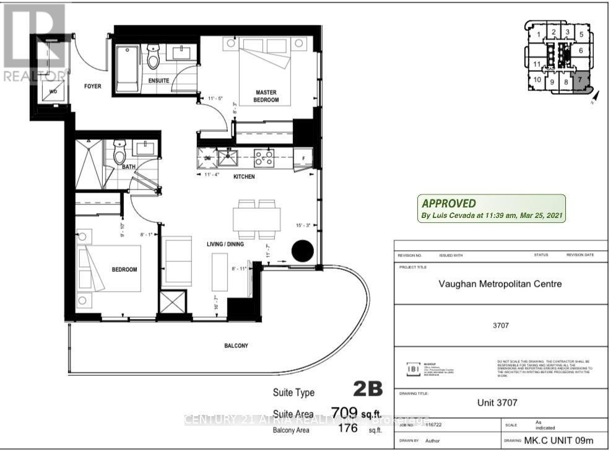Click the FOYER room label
click(x=92, y=86)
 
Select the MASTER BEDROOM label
click(x=267, y=96)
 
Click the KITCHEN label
click(x=243, y=176)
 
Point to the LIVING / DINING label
click(x=225, y=244)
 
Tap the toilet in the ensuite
click(x=153, y=57)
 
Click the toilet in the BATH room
click(x=120, y=153)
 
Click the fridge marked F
click(x=304, y=159)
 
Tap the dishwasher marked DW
click(x=207, y=159)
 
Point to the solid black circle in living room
click(x=303, y=250)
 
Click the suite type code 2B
click(x=368, y=390)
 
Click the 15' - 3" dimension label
click(x=303, y=225)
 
